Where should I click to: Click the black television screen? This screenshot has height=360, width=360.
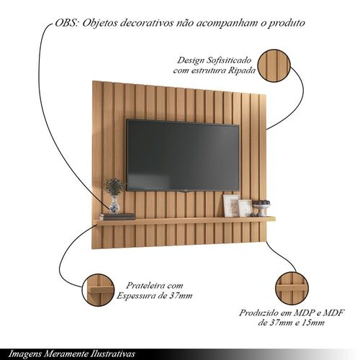[x=183, y=155]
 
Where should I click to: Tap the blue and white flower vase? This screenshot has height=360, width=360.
[x=114, y=204]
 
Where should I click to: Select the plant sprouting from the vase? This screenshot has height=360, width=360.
[x=114, y=186]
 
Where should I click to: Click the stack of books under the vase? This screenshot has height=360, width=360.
[x=117, y=217]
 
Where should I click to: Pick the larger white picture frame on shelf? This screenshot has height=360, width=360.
[x=231, y=206]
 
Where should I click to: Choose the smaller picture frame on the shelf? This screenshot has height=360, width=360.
[x=246, y=208]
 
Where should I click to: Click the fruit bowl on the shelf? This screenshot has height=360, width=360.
[x=262, y=208]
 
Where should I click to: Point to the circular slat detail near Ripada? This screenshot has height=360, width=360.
[x=274, y=66]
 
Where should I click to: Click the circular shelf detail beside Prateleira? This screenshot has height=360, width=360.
[x=98, y=290]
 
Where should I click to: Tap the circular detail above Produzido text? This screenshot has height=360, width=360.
[x=292, y=287]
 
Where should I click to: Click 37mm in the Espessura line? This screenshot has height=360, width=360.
[x=181, y=296]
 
